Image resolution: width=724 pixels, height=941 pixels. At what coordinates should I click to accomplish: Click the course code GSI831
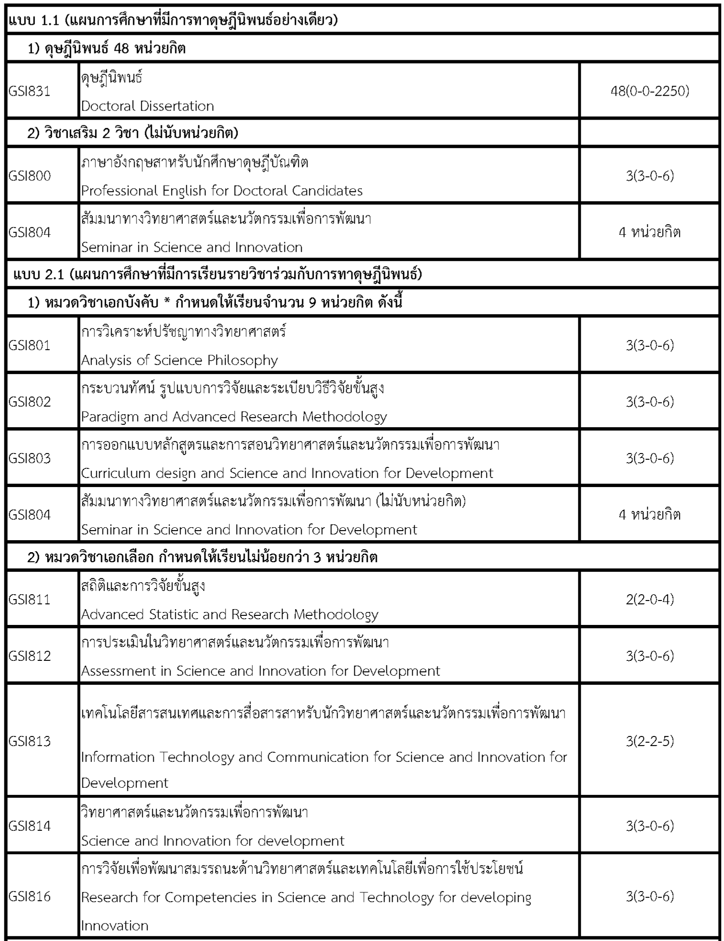click(x=30, y=91)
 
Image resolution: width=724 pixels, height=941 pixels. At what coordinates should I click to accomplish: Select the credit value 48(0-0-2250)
click(x=650, y=91)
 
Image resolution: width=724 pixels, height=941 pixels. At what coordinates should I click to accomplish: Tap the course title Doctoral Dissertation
click(x=147, y=106)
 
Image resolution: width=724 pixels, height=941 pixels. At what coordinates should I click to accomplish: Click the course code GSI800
click(x=30, y=176)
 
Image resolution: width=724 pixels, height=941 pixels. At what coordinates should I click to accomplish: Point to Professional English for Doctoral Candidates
click(x=222, y=191)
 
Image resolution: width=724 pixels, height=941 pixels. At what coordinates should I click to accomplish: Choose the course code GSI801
click(x=30, y=345)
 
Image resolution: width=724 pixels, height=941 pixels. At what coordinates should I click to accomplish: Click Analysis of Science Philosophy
click(x=180, y=360)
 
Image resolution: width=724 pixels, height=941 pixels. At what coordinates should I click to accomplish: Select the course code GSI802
click(x=30, y=401)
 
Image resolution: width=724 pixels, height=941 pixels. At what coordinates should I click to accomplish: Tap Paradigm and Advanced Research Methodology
click(x=234, y=417)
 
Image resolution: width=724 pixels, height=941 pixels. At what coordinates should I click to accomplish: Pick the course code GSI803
click(x=30, y=458)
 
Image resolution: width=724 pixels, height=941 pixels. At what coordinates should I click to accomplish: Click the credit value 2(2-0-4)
click(x=650, y=599)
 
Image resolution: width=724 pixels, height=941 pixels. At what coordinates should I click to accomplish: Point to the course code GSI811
click(x=30, y=599)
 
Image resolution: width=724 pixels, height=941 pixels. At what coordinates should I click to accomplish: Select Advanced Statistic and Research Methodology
click(x=230, y=614)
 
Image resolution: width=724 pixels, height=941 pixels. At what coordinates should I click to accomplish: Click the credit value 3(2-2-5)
click(x=650, y=741)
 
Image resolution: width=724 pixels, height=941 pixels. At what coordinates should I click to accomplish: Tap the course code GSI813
click(x=30, y=741)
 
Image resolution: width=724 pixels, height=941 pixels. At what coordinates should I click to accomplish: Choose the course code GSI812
click(x=30, y=656)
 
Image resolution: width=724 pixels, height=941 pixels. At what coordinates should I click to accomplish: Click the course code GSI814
click(x=30, y=826)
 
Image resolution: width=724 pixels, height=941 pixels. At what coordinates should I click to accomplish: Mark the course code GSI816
click(x=30, y=896)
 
